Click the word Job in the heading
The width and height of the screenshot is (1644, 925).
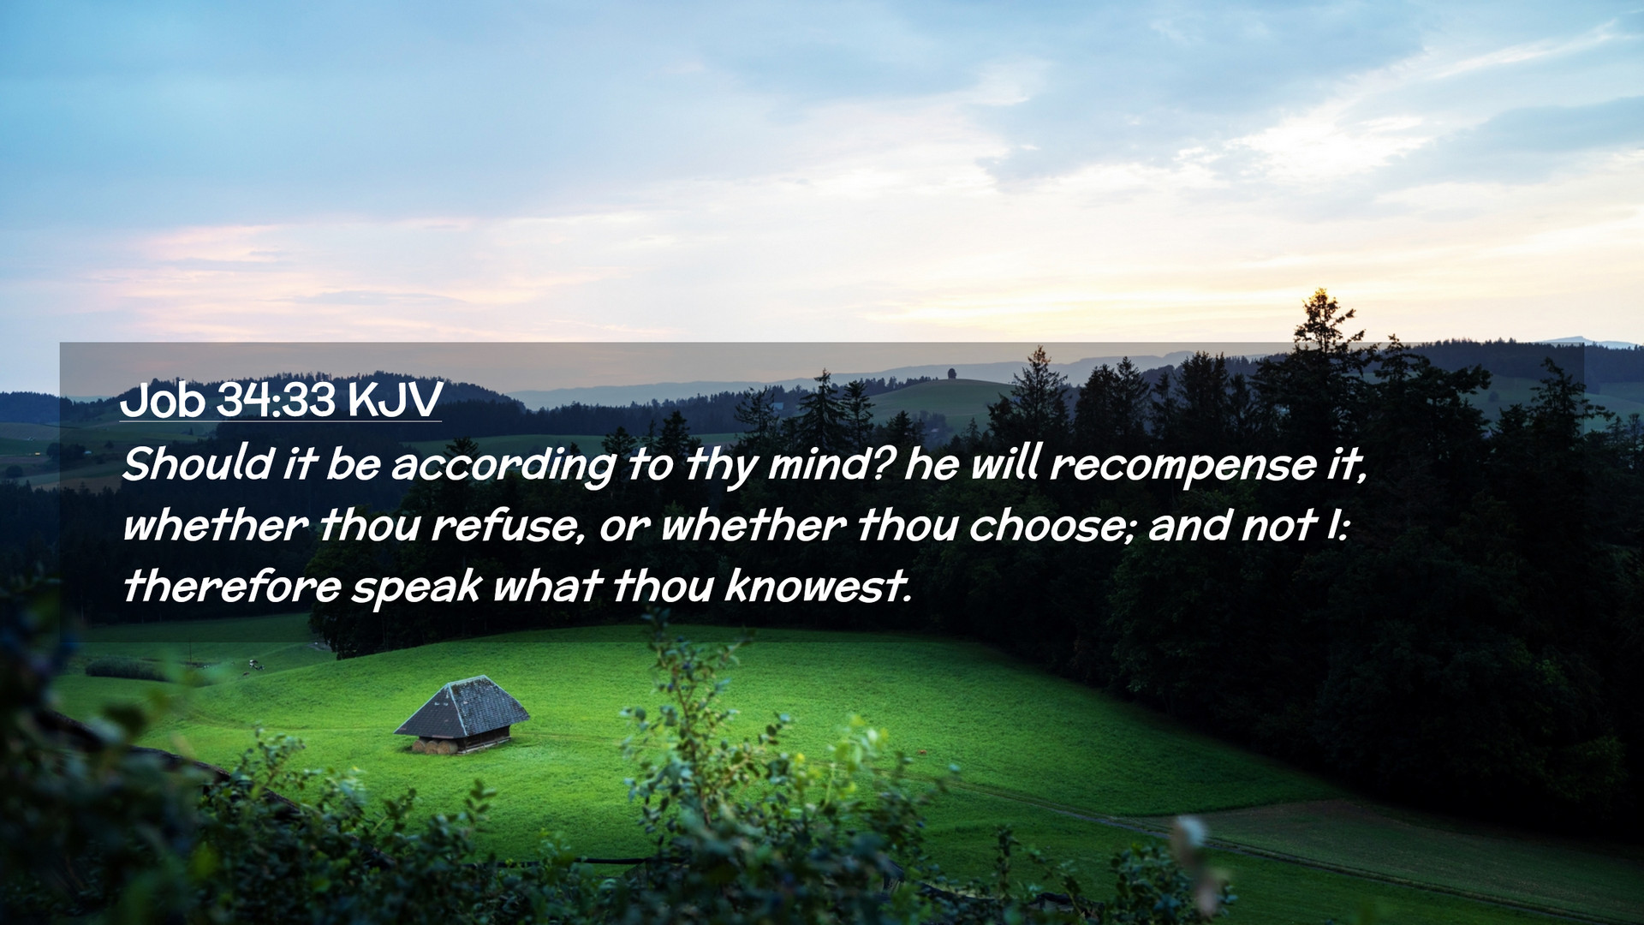click(x=163, y=400)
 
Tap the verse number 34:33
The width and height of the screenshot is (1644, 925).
click(x=276, y=400)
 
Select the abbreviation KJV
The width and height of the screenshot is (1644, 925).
click(x=395, y=400)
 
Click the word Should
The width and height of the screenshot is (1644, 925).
click(x=196, y=464)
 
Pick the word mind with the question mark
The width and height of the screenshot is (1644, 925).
click(x=831, y=464)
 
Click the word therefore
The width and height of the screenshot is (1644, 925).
click(x=231, y=587)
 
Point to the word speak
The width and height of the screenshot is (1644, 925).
click(x=417, y=589)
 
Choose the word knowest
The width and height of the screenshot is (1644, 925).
click(x=818, y=587)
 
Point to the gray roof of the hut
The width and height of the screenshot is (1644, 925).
click(x=462, y=706)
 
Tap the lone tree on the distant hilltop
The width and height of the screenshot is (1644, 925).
click(x=952, y=374)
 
